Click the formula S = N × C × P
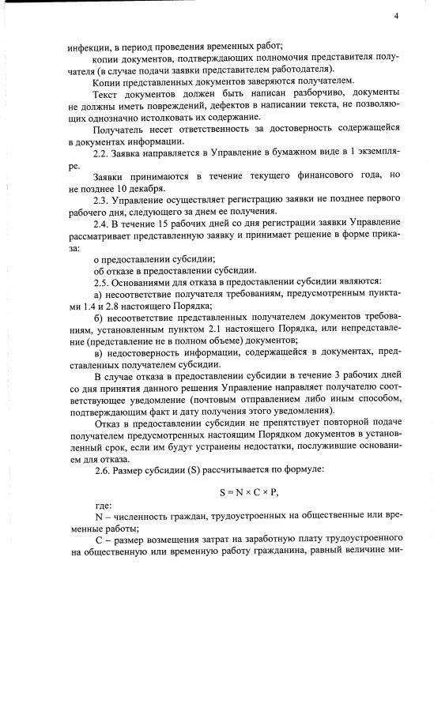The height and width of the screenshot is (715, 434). tap(250, 492)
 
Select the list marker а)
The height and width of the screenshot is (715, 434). tap(98, 293)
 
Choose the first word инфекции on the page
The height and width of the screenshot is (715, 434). tap(87, 47)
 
